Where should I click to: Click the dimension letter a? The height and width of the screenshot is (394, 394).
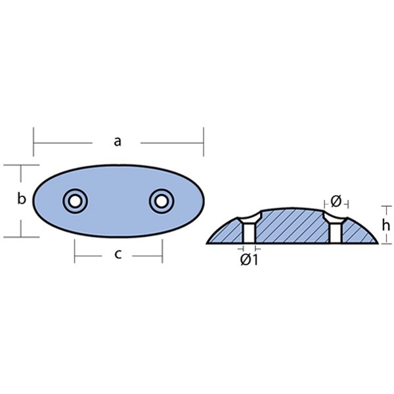[118, 141]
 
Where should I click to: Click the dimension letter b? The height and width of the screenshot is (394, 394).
[22, 198]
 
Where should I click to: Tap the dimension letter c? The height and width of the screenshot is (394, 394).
[118, 254]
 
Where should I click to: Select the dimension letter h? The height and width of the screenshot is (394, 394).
[385, 225]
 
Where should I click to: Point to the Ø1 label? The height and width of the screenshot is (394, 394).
[249, 260]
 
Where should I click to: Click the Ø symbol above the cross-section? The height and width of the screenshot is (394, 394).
[336, 201]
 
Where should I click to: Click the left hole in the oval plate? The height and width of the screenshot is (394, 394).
[75, 201]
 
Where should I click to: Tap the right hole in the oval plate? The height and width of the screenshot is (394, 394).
[162, 201]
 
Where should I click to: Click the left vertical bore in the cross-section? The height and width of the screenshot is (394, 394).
[249, 233]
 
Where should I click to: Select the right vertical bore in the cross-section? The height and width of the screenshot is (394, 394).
[336, 233]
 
